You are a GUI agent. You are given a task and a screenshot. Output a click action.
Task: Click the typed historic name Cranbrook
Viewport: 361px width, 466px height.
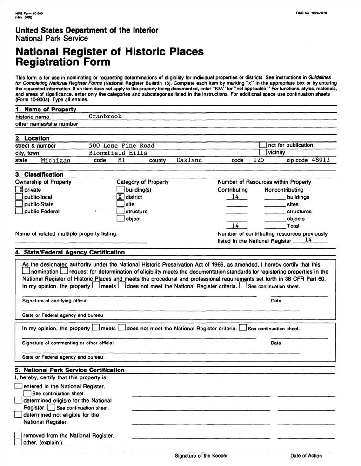tap(105, 116)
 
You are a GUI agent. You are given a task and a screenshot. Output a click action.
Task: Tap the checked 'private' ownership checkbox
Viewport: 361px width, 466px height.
tap(19, 190)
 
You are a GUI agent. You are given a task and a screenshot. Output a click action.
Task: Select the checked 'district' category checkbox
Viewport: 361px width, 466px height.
tap(120, 197)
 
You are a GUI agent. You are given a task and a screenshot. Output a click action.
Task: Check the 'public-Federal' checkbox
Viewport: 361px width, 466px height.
tap(19, 212)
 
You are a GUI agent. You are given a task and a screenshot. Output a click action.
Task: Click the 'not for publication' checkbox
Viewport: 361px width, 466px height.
tap(263, 145)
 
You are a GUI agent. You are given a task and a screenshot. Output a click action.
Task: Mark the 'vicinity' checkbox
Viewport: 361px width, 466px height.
tap(263, 152)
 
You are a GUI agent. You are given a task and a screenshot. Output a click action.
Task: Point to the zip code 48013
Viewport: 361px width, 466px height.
tap(321, 160)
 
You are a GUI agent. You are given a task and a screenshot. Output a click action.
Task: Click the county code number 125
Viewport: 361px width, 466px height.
tap(259, 160)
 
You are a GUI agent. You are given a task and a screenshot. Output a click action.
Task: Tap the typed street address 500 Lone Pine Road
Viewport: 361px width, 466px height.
tap(121, 145)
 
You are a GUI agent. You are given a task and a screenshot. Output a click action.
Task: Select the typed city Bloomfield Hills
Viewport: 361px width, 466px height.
tap(118, 153)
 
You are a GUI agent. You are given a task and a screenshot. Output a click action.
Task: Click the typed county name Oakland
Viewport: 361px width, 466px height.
tap(189, 160)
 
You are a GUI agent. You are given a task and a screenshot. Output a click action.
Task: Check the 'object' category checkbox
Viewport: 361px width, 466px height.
tap(120, 219)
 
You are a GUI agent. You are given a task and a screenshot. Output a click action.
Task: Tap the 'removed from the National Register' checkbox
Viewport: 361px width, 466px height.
tap(19, 435)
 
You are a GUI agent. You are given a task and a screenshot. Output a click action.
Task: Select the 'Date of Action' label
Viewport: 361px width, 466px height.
tap(306, 456)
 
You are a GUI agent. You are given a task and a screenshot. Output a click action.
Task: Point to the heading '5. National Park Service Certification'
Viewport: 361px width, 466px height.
tap(70, 370)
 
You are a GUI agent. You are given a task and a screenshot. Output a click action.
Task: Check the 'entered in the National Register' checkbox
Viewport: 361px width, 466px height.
tap(19, 386)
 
